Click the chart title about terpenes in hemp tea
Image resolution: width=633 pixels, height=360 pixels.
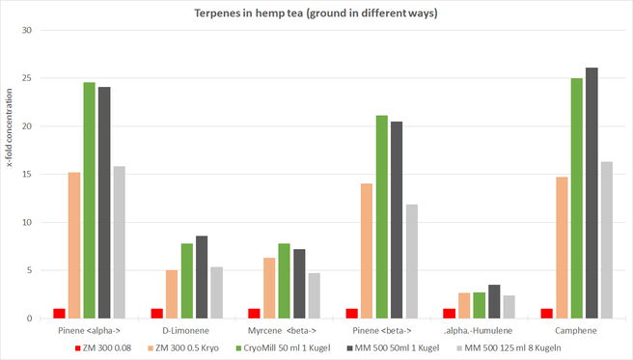[316, 13]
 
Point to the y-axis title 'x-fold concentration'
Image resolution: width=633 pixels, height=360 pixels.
[10, 128]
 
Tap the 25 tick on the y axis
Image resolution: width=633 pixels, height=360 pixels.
[27, 78]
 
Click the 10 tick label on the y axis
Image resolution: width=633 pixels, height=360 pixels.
[27, 222]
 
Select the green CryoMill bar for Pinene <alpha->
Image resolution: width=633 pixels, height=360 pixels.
[89, 200]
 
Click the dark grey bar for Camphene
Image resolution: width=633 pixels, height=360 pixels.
[592, 193]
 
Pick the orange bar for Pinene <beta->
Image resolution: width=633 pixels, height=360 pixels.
[367, 251]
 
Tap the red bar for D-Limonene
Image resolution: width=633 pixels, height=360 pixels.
[157, 314]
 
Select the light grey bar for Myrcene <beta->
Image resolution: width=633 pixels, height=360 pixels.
[315, 296]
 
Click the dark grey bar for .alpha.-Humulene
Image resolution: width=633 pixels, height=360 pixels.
[494, 301]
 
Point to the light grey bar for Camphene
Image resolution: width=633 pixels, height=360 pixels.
[607, 240]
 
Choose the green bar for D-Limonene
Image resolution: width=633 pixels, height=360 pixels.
[187, 281]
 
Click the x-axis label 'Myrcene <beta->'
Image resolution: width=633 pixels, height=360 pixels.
[282, 330]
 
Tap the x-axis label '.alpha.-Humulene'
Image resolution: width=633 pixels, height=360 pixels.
[478, 330]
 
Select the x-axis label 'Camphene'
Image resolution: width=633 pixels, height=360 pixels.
[576, 330]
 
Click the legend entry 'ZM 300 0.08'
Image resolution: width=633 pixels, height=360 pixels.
[103, 347]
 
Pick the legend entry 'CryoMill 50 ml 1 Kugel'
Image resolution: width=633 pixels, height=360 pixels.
[283, 347]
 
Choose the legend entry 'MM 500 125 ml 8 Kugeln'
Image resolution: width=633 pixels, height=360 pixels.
[509, 347]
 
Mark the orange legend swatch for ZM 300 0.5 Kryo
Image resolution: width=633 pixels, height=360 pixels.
[151, 347]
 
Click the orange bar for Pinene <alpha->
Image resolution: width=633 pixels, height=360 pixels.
[74, 245]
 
